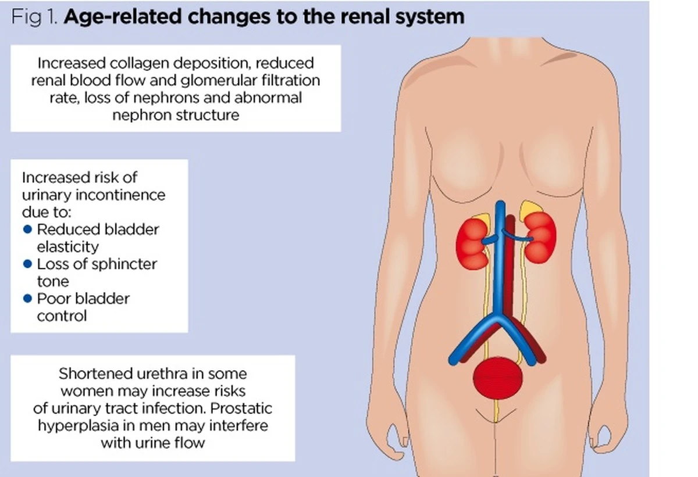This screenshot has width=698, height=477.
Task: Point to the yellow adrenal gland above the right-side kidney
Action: pos(528,208)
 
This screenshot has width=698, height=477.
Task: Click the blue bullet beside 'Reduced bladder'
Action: pos(27,229)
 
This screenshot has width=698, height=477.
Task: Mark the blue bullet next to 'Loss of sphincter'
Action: pos(27,264)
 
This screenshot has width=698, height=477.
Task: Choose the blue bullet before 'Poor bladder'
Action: pos(27,299)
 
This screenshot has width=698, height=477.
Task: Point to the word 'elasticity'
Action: pos(67,246)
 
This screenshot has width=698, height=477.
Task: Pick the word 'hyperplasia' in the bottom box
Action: pos(77,425)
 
